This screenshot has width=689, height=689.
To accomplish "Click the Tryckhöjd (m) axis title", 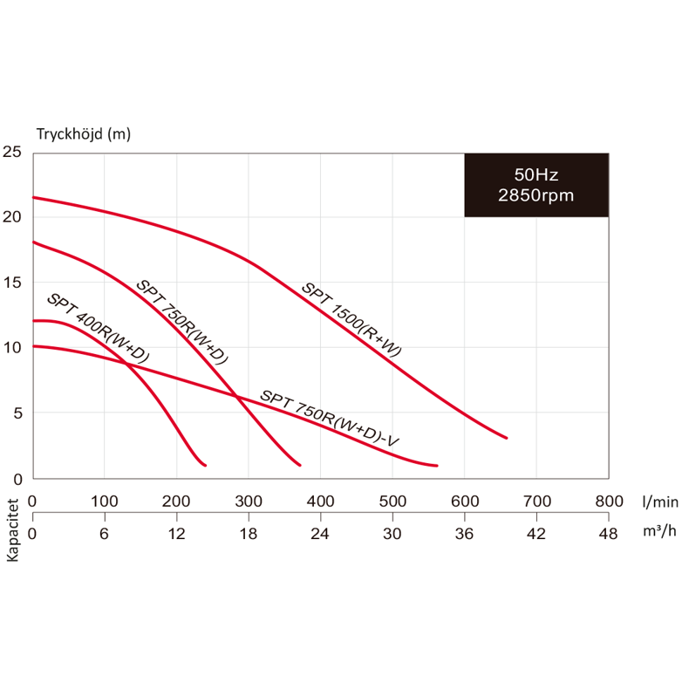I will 84,134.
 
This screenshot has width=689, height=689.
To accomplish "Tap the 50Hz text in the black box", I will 536,174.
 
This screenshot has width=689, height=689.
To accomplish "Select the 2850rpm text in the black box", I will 536,195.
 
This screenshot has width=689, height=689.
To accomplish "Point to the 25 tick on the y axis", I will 12,152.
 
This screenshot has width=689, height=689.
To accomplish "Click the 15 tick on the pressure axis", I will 12,283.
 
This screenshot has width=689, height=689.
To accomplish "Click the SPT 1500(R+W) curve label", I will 351,319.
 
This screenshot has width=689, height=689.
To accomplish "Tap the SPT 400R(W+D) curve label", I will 98,328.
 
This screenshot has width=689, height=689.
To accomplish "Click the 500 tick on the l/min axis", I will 392,501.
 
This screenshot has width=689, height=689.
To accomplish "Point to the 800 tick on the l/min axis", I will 609,501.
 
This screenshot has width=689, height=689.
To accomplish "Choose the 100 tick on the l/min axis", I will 105,501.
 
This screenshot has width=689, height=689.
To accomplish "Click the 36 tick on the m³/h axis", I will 465,534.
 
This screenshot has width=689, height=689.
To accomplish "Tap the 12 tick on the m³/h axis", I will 176,534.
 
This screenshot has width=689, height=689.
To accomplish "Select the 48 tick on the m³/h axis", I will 609,534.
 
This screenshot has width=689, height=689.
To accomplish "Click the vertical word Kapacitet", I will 13,529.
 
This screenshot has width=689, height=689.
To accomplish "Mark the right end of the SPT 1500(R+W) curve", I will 506,438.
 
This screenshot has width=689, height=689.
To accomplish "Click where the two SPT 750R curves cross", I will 237,396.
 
